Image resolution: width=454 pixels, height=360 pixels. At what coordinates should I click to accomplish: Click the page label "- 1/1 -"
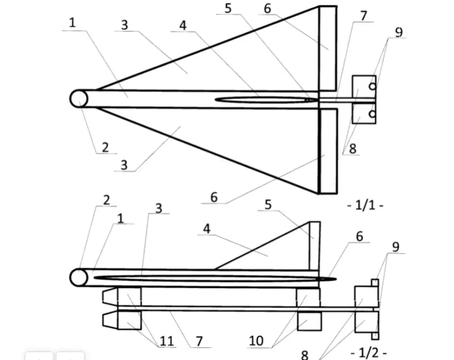(365, 206)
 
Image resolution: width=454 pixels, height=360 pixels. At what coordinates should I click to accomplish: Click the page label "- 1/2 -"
(368, 353)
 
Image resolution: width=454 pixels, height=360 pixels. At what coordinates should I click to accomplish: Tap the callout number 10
(257, 341)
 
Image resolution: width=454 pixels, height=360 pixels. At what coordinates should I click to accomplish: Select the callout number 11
(167, 341)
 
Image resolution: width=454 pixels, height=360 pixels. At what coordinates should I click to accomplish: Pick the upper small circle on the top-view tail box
(373, 86)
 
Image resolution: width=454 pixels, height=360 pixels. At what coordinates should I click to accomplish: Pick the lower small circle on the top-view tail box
(373, 114)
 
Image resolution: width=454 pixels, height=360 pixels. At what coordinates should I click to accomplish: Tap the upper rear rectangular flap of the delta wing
(328, 48)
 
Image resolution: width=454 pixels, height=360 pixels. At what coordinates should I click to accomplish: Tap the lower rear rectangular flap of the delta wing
(328, 151)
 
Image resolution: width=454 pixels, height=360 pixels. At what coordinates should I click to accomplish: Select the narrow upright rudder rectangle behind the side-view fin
(315, 246)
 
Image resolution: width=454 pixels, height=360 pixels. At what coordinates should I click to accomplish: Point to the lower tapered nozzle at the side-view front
(110, 320)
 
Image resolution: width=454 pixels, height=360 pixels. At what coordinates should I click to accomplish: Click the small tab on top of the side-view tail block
(375, 283)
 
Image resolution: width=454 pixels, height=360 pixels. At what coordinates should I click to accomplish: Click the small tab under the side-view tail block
(375, 336)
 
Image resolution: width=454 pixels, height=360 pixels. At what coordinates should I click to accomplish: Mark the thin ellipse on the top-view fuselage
(266, 100)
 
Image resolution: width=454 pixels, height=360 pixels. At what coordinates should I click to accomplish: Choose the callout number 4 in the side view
(207, 229)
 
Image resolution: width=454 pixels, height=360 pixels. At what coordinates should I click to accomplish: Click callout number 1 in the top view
(73, 23)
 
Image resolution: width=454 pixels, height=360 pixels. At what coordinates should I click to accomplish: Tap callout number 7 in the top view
(364, 16)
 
